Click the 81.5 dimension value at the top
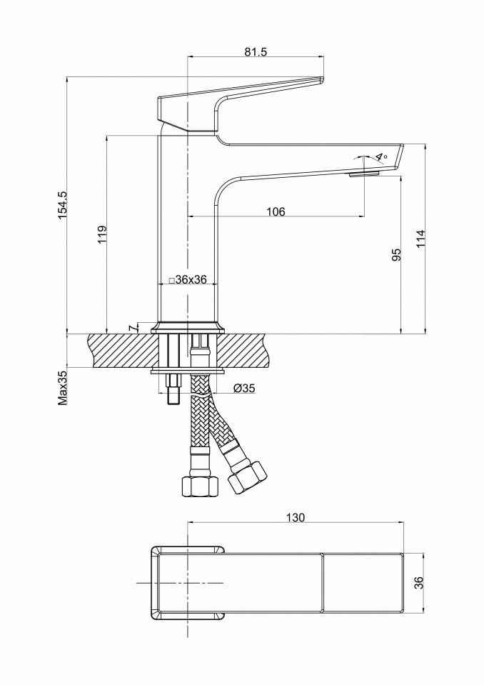256,51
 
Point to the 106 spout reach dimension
276,211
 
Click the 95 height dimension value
396,256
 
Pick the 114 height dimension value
420,239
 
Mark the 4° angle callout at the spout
380,157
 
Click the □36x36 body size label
186,280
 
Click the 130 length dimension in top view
296,517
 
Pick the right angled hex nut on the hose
246,477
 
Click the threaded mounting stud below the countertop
173,389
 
